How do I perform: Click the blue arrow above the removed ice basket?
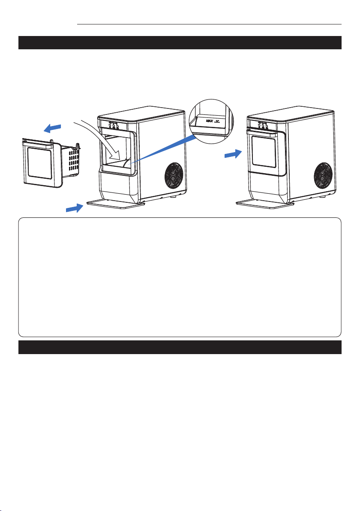(x=52, y=129)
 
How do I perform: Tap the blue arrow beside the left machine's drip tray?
(x=75, y=208)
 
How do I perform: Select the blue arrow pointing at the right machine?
(x=233, y=154)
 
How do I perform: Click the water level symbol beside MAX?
(x=217, y=120)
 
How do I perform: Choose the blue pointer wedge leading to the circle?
(x=162, y=149)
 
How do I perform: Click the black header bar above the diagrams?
(x=180, y=43)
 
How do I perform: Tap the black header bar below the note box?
(x=180, y=347)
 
